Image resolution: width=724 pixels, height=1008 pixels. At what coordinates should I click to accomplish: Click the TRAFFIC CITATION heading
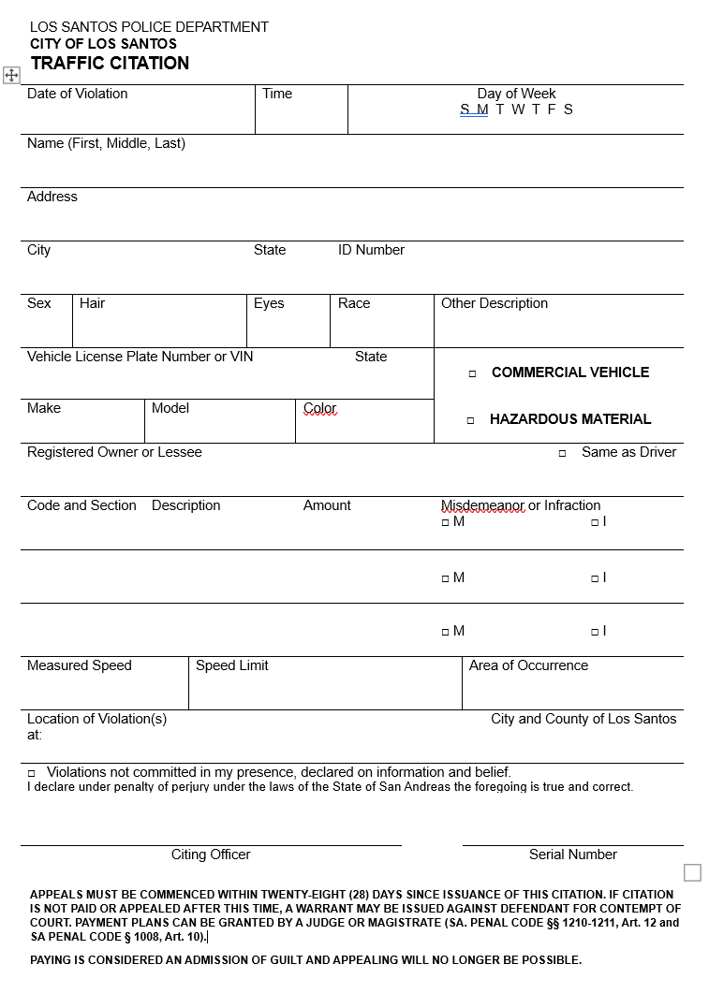point(110,64)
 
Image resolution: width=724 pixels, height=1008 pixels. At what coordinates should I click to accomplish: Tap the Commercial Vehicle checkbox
point(472,373)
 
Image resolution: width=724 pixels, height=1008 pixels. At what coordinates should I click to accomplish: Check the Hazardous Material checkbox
point(470,420)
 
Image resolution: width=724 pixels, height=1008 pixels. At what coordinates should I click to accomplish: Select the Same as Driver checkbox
point(562,453)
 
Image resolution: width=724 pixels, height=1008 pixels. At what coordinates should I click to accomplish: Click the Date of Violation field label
point(77,94)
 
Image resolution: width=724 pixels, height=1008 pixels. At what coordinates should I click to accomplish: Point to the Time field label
point(277,94)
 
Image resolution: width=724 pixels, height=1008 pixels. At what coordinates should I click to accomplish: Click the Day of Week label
point(516,94)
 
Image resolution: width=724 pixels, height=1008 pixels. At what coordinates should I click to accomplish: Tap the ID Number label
point(371,250)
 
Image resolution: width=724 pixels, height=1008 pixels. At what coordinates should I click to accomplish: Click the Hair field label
point(92,303)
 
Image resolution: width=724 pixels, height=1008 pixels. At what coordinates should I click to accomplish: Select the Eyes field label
point(269,303)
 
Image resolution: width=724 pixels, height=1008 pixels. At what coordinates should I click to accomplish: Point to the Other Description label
point(495,303)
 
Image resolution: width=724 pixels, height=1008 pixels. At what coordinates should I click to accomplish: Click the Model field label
point(170,408)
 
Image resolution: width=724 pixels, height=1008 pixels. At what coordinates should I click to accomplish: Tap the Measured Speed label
point(80,665)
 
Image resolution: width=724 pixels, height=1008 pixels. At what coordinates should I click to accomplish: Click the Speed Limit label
point(232,665)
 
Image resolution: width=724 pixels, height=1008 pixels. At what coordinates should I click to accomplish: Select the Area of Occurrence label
point(528,665)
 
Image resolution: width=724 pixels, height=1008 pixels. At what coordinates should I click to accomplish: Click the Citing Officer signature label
point(211,855)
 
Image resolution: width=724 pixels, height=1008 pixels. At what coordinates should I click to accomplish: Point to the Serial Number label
point(573,855)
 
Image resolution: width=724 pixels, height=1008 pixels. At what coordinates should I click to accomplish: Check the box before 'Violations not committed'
point(31,774)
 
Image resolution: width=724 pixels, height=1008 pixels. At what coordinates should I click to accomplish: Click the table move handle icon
point(11,75)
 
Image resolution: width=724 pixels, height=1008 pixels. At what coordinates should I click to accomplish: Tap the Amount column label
point(327,505)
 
